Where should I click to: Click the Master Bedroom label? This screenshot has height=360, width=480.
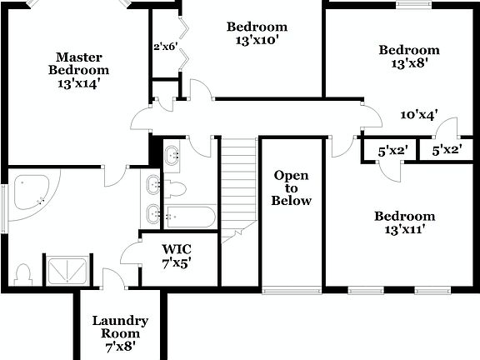pos(79,70)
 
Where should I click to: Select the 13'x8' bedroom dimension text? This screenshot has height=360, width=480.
pos(408,63)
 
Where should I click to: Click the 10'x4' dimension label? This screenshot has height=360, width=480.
pos(419,115)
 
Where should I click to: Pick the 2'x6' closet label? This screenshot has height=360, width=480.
pos(165,47)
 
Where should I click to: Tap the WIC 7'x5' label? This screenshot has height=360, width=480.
pos(177,255)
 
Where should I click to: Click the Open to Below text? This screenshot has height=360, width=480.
pos(292,187)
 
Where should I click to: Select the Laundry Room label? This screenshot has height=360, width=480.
pos(120,332)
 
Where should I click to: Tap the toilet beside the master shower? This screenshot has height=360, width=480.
pos(25,272)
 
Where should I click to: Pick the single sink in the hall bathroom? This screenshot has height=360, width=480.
pos(173,155)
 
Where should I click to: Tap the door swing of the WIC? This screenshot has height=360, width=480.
pos(132,253)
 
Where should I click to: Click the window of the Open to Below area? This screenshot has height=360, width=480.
pos(292,290)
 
